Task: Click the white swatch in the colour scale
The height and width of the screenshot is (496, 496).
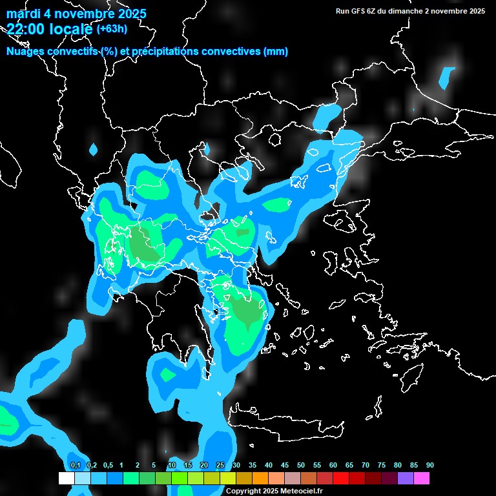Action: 66,479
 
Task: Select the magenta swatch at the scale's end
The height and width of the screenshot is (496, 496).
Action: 421,479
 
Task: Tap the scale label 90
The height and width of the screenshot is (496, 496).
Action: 429,466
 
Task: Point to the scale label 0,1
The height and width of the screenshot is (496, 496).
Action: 76,466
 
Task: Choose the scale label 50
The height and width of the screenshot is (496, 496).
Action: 301,466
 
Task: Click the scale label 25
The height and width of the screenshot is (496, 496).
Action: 220,466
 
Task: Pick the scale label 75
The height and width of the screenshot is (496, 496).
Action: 382,466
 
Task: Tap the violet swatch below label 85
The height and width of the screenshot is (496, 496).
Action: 405,479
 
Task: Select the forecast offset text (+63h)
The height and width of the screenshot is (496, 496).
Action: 112,28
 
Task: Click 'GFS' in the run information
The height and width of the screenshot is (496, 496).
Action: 358,11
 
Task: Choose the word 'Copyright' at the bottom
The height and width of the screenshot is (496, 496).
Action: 242,491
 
